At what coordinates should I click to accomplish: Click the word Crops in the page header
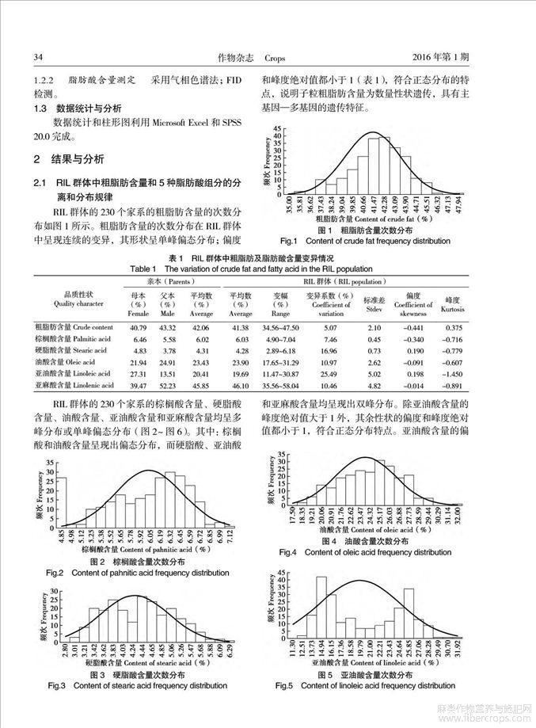click(x=274, y=58)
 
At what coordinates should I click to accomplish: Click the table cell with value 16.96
click(x=330, y=350)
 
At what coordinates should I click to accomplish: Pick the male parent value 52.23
click(x=166, y=384)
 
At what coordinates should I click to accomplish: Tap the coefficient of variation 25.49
click(x=330, y=372)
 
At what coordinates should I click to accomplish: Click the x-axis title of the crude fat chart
click(x=371, y=218)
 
